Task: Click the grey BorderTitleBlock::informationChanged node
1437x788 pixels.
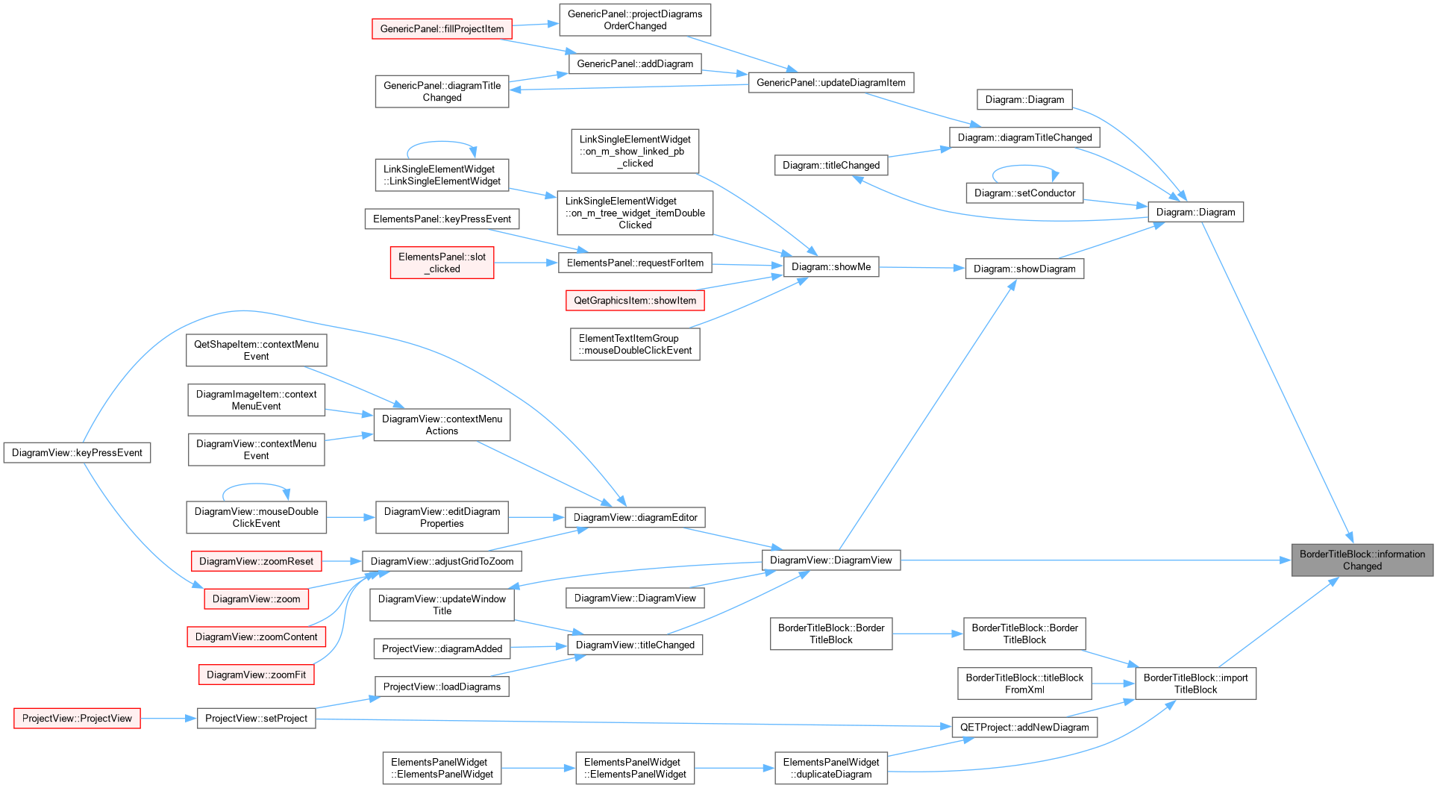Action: point(1362,560)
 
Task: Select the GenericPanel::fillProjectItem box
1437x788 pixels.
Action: point(442,29)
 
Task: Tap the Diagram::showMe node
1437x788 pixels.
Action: point(830,266)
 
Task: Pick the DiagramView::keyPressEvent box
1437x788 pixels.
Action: point(77,453)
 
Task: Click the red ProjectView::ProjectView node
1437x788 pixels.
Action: point(77,719)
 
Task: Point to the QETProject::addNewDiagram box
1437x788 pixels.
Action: point(1024,728)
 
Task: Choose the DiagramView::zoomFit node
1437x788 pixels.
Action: point(256,675)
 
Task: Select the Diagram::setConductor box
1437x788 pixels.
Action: point(1024,193)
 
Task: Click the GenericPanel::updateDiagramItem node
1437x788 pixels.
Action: point(830,83)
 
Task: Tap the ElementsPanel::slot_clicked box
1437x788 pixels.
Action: point(442,263)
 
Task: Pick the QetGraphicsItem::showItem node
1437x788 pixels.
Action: point(635,301)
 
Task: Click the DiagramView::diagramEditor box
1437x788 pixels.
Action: point(635,517)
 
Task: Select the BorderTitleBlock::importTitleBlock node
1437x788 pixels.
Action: point(1195,684)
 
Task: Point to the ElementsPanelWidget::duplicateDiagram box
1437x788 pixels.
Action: point(830,768)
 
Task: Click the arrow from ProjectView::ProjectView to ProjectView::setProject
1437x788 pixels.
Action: point(169,719)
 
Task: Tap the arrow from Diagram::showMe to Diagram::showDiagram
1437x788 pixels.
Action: point(922,268)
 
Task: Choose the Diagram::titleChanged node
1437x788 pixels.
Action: point(830,166)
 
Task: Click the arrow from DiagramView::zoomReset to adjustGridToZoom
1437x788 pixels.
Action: point(342,561)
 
